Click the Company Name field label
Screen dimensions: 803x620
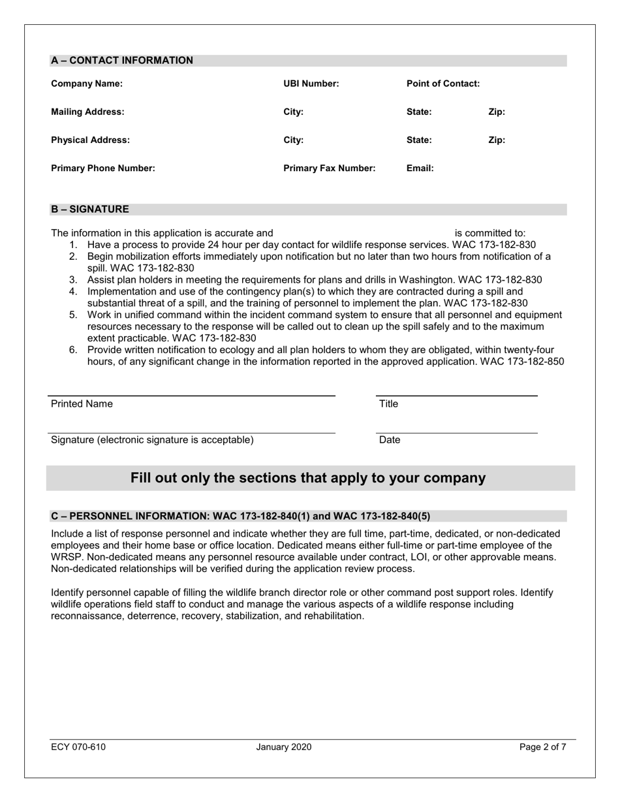click(87, 84)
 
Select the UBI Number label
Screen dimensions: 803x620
click(311, 84)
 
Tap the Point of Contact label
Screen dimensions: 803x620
click(442, 84)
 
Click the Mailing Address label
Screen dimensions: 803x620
click(87, 112)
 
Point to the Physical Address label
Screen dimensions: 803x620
click(90, 140)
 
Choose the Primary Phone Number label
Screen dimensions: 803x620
click(103, 168)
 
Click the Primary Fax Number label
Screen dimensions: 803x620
click(329, 168)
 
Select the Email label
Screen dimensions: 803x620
click(420, 168)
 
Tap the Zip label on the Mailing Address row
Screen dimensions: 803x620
click(496, 112)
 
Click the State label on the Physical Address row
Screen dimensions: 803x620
click(418, 140)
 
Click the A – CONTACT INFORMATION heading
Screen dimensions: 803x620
click(122, 61)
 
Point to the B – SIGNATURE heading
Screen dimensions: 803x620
click(90, 210)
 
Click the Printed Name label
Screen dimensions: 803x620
click(82, 404)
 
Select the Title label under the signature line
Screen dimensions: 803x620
click(388, 404)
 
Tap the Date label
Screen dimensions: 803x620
click(389, 440)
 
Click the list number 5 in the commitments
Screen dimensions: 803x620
click(73, 315)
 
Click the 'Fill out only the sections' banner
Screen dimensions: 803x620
click(308, 478)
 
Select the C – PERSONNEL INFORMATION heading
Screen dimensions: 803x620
click(240, 516)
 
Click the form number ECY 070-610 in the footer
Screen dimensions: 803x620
click(78, 748)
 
